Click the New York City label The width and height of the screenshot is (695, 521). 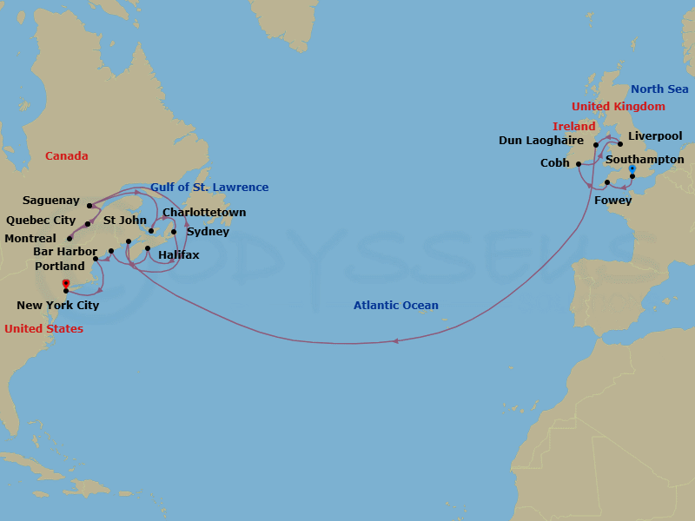click(58, 305)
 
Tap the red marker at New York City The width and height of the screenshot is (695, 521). click(66, 283)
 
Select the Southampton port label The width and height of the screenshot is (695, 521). click(645, 160)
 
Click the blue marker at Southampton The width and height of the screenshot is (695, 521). click(632, 168)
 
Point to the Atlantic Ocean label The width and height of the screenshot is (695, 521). click(395, 306)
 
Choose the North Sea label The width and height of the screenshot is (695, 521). click(659, 89)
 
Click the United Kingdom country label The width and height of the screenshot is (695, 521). click(618, 107)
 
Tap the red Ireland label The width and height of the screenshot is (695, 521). click(573, 127)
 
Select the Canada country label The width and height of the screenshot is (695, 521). click(67, 156)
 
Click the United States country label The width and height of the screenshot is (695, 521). click(43, 329)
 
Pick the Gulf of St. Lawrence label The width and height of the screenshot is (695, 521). click(209, 188)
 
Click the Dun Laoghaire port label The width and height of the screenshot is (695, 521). click(541, 141)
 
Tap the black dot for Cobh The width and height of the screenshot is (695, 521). click(579, 163)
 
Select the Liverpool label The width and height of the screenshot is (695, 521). click(655, 136)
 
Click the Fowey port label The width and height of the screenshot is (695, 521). click(612, 201)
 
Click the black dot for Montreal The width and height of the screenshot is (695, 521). click(69, 238)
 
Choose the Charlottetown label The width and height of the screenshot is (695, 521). click(204, 212)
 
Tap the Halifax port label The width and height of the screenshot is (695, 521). click(179, 255)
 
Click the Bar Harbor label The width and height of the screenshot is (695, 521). click(65, 252)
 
